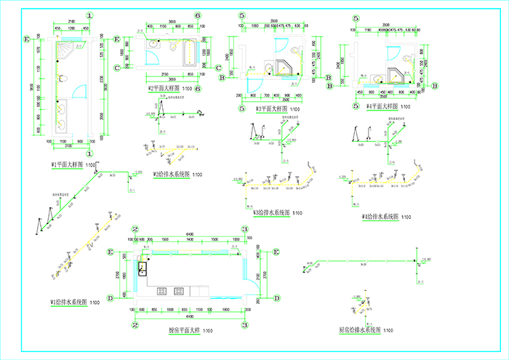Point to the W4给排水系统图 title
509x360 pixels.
click(x=381, y=217)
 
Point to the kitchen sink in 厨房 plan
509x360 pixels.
click(x=143, y=268)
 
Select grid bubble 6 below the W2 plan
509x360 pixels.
click(x=197, y=89)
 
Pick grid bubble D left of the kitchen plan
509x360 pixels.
click(x=110, y=297)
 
